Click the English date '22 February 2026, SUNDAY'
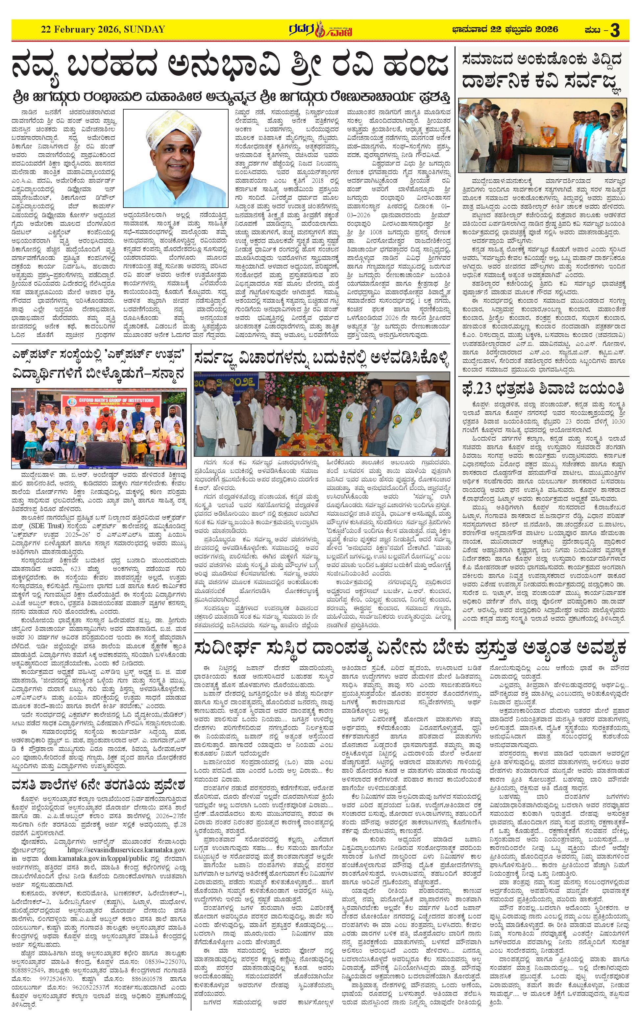coord(103,30)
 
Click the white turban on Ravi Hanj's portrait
coord(175,127)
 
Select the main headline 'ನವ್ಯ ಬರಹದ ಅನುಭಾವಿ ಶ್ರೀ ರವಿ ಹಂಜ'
coord(230,66)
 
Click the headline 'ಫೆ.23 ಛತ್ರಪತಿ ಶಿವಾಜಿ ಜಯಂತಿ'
coord(543,388)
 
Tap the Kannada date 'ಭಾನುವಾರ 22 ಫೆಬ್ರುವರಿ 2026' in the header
coord(505,30)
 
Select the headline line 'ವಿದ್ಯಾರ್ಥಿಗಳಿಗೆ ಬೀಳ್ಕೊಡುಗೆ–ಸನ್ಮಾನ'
coord(99,374)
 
